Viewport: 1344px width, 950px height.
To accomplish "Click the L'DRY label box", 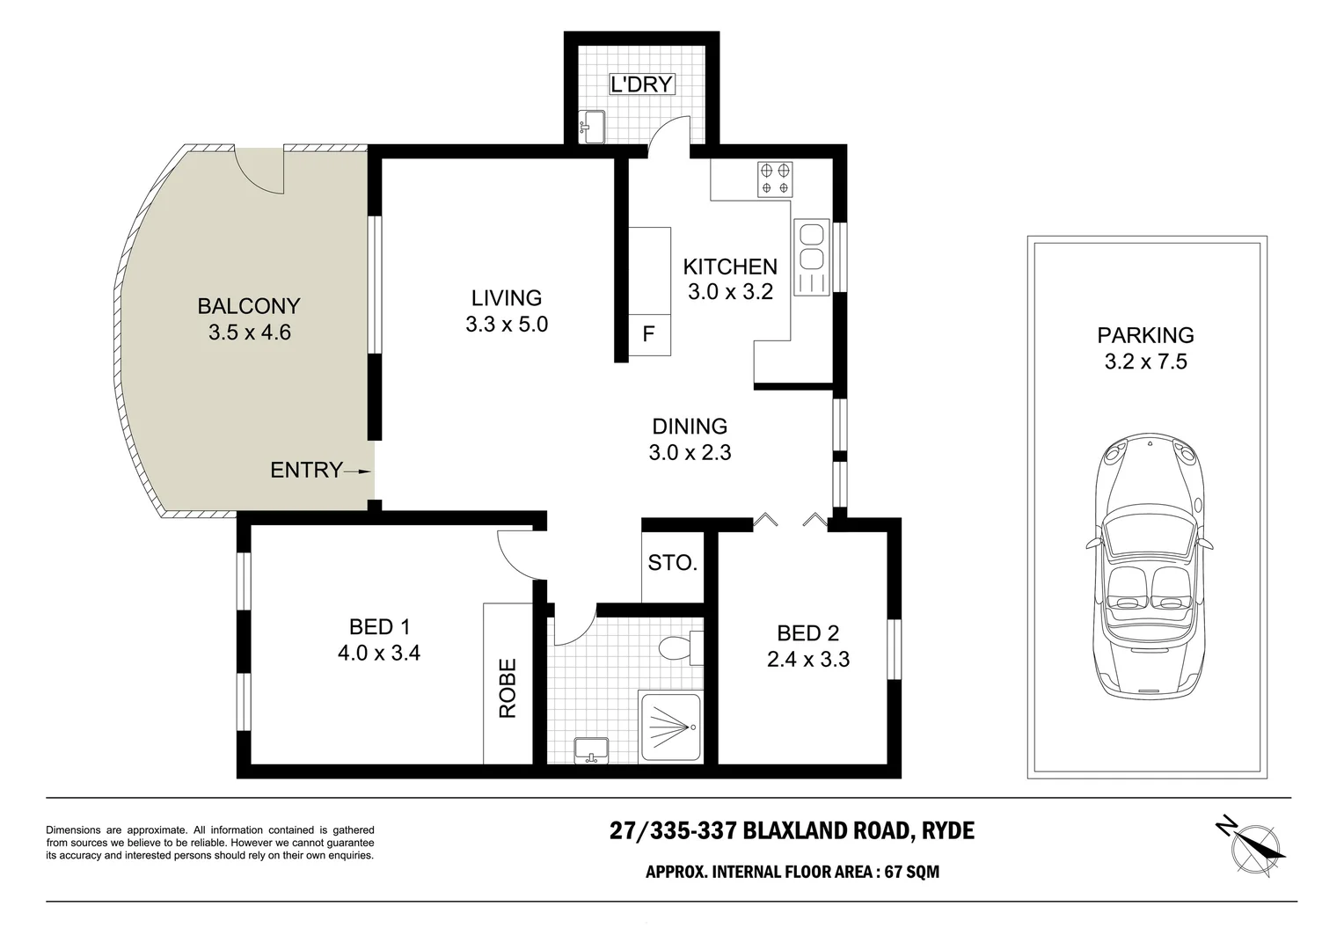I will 642,84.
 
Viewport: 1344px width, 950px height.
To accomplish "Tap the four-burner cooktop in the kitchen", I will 775,179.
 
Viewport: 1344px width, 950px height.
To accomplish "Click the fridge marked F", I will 649,334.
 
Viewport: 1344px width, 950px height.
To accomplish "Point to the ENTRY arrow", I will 358,471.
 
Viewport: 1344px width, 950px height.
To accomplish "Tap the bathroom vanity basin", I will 592,750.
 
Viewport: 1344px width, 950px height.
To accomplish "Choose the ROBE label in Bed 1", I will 508,689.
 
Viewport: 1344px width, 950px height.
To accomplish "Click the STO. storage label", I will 673,563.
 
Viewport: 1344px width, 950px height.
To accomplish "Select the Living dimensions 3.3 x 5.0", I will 507,325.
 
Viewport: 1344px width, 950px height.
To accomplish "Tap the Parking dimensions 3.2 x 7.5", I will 1145,362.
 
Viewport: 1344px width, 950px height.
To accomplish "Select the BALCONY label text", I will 249,306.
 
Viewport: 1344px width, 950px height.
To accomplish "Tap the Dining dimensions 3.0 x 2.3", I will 690,453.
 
